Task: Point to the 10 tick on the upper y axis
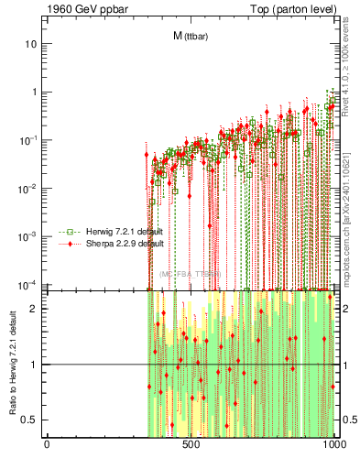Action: (x=32, y=44)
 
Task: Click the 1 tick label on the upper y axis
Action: (x=35, y=93)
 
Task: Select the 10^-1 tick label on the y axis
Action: (x=30, y=140)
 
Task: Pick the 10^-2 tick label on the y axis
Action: (x=30, y=188)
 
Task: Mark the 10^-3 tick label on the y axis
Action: (x=30, y=235)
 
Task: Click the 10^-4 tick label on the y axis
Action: (x=30, y=283)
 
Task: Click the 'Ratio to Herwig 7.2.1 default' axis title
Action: (x=12, y=363)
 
